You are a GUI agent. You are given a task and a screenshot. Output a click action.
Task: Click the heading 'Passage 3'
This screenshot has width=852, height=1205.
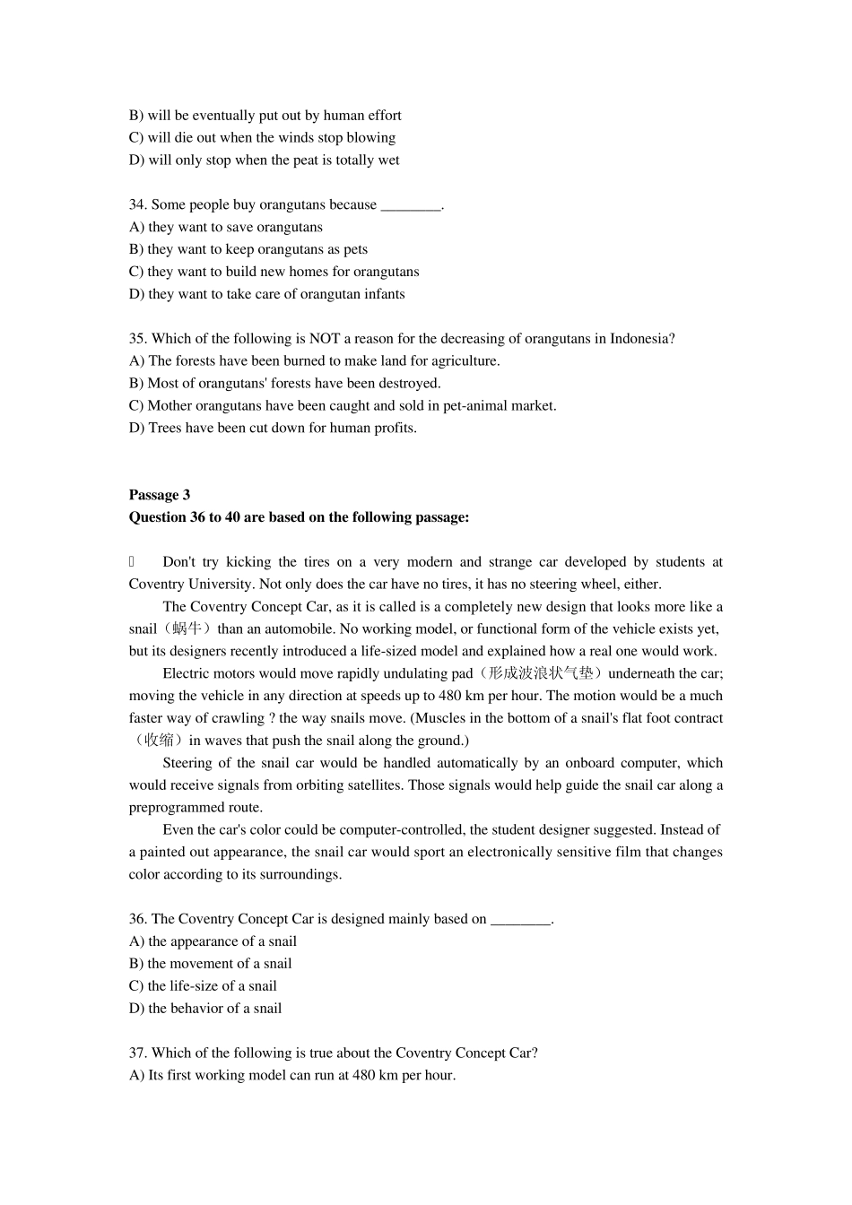160,495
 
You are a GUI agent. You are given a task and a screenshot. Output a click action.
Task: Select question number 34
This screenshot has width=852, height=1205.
138,204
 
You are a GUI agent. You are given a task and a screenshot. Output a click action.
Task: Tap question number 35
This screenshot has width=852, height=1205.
138,338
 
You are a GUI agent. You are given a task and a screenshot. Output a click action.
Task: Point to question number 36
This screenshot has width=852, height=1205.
138,919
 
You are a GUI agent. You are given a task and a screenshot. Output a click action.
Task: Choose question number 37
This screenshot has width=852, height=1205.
138,1053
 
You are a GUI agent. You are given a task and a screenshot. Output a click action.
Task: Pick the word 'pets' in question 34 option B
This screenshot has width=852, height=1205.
355,249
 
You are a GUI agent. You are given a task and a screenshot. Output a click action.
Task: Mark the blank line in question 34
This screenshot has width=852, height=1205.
411,206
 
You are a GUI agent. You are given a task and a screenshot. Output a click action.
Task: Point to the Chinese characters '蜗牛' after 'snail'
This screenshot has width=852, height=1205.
183,629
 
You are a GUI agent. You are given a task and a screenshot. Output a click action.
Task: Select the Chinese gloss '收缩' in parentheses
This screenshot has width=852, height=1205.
159,741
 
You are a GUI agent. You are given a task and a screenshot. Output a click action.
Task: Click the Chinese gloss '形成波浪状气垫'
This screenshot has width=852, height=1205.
541,673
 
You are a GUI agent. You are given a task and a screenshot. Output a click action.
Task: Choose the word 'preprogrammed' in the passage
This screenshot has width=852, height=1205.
171,808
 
